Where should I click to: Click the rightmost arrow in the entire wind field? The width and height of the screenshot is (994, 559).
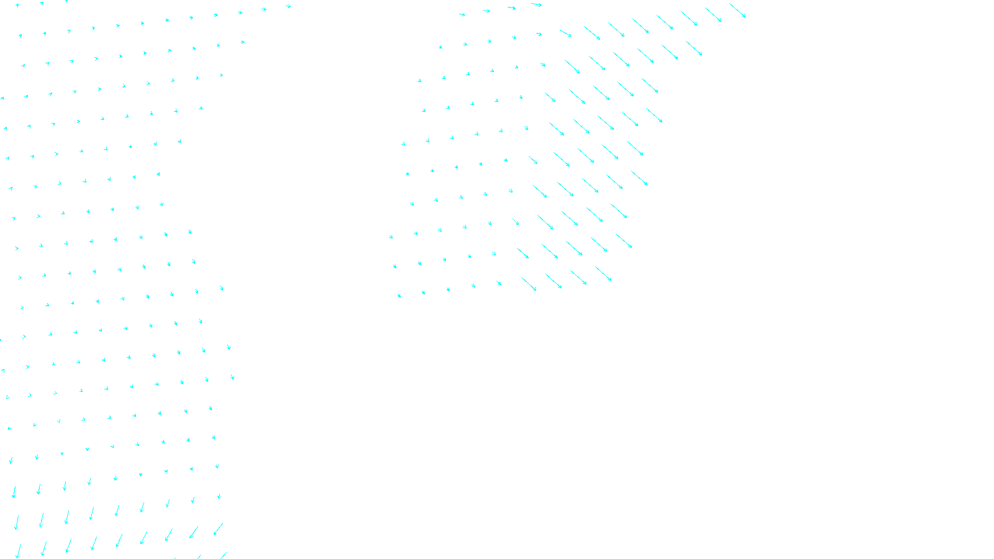point(737,11)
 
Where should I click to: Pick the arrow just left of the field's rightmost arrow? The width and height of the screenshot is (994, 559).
point(713,14)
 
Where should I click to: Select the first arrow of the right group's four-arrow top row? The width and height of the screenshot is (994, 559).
point(462,14)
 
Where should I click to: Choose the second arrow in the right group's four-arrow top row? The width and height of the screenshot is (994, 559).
point(486,11)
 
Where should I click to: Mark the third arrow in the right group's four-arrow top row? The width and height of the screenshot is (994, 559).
point(511,8)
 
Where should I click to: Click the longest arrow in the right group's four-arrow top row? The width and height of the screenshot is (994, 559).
point(536,4)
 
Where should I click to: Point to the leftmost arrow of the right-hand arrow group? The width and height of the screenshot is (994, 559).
point(391,237)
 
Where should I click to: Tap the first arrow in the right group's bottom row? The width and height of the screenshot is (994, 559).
point(399,296)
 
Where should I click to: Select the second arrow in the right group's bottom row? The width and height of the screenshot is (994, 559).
point(424,293)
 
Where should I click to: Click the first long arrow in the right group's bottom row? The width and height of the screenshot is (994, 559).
point(529,284)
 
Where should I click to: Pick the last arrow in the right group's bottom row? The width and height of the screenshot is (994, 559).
point(603,274)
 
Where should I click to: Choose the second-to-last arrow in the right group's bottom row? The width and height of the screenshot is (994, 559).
point(578,278)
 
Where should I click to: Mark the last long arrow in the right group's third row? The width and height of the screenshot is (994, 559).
point(694,48)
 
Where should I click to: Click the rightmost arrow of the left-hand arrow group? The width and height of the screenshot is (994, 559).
point(233,376)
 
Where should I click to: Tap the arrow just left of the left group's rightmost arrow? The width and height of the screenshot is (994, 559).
point(207,379)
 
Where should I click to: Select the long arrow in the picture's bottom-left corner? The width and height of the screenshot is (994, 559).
point(18,551)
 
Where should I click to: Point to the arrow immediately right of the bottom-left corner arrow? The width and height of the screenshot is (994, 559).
point(43,548)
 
